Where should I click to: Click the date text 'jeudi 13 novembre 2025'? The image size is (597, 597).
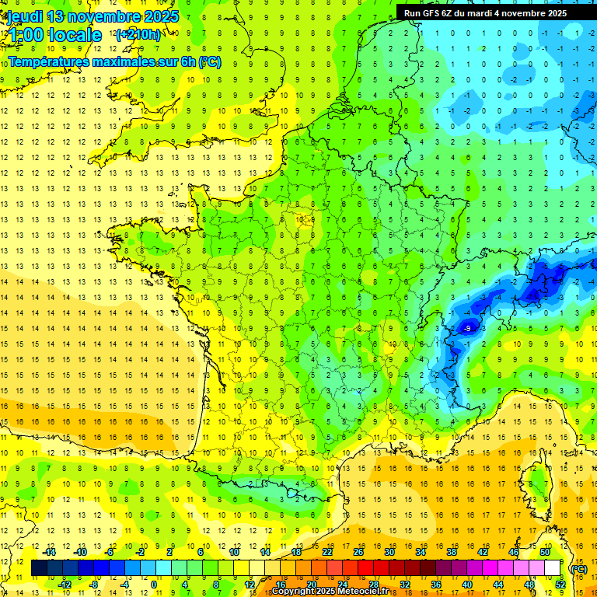point(93,16)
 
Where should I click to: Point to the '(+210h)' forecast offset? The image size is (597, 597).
point(138,34)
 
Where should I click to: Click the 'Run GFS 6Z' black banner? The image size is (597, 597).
point(496,13)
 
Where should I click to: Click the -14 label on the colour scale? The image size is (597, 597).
point(49,552)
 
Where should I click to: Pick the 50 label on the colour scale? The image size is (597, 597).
point(544,552)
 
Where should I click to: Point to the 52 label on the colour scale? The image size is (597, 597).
point(560,585)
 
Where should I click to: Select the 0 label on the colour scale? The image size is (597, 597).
point(154,585)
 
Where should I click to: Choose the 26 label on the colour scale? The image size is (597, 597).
point(358,552)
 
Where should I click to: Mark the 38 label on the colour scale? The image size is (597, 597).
point(451,552)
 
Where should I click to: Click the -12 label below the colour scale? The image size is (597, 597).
point(65,585)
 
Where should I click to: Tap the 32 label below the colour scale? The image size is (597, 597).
point(404,585)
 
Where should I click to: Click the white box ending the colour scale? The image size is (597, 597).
point(552,568)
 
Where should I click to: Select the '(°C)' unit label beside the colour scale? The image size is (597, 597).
point(578,569)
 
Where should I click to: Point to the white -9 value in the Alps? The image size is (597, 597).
point(467,329)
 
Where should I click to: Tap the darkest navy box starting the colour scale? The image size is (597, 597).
point(39,568)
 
